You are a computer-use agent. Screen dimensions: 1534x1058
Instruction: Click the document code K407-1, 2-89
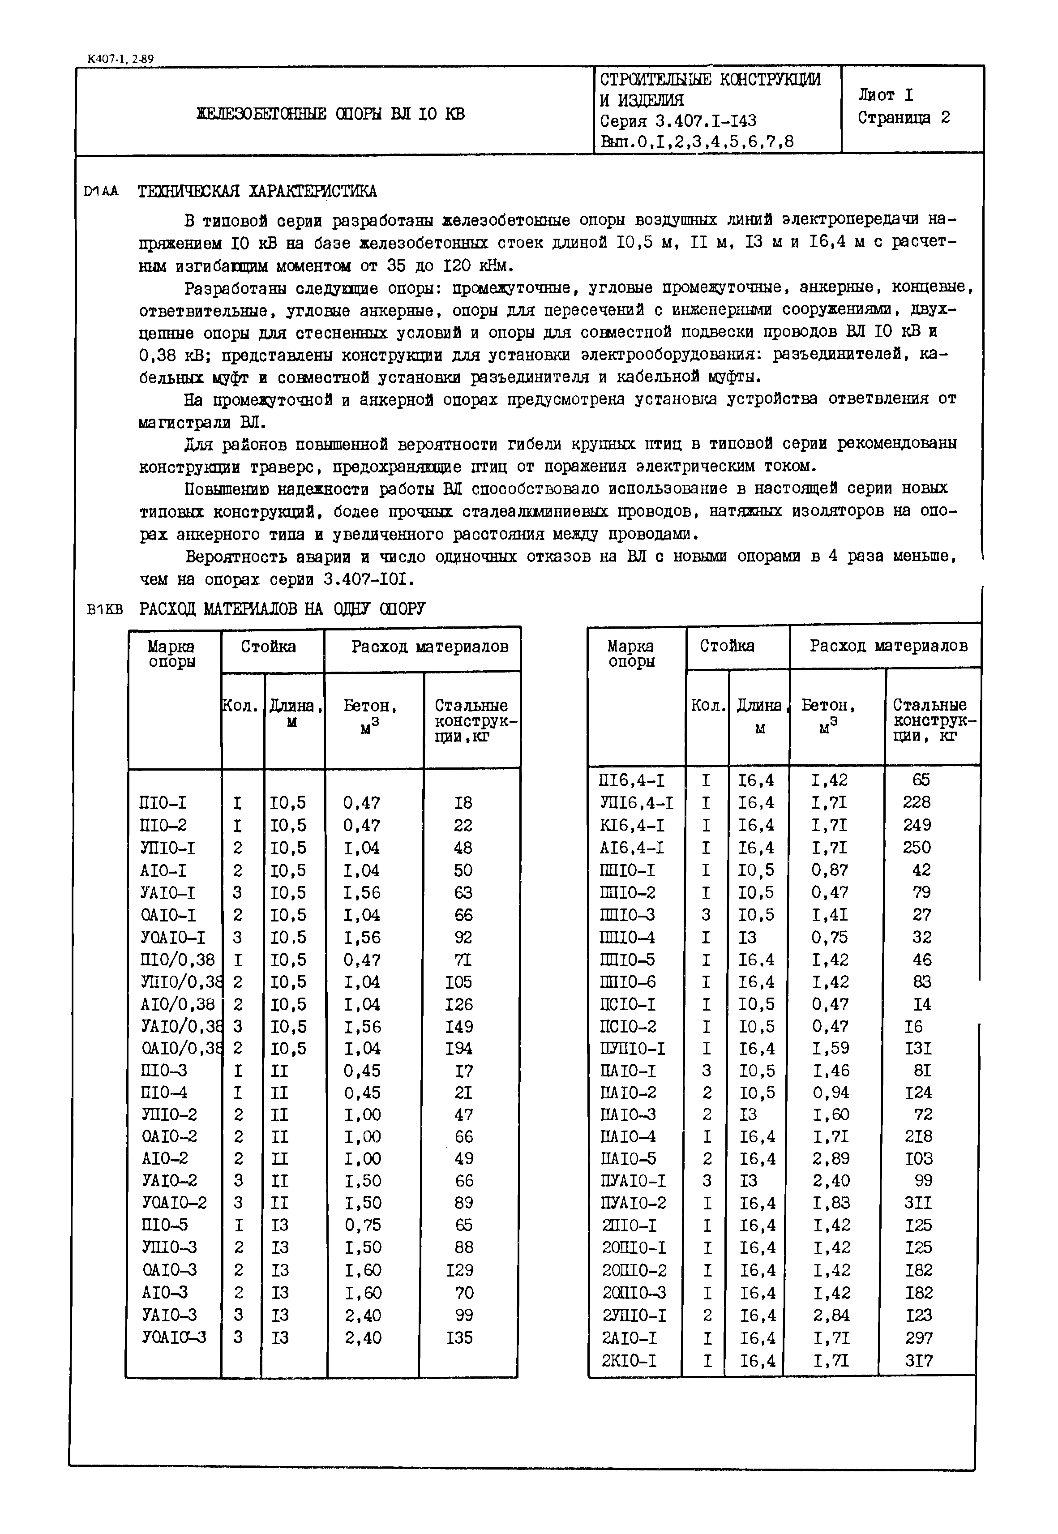120,59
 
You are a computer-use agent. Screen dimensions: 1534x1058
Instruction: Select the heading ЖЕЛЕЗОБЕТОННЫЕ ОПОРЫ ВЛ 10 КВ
331,114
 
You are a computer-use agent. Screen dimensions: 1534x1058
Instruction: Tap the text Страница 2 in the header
904,118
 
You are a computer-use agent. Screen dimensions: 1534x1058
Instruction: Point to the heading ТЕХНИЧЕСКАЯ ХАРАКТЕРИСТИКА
257,192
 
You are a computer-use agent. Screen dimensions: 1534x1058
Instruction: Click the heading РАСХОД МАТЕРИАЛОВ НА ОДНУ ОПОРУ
282,608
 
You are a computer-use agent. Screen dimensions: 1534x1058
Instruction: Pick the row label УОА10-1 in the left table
174,938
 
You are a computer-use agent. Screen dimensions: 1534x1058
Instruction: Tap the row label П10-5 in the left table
164,1225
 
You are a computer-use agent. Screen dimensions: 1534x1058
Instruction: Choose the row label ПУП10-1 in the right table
632,1049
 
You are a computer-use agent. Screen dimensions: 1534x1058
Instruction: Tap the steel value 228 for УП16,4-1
917,803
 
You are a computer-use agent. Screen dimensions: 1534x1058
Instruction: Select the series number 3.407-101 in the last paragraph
368,580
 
